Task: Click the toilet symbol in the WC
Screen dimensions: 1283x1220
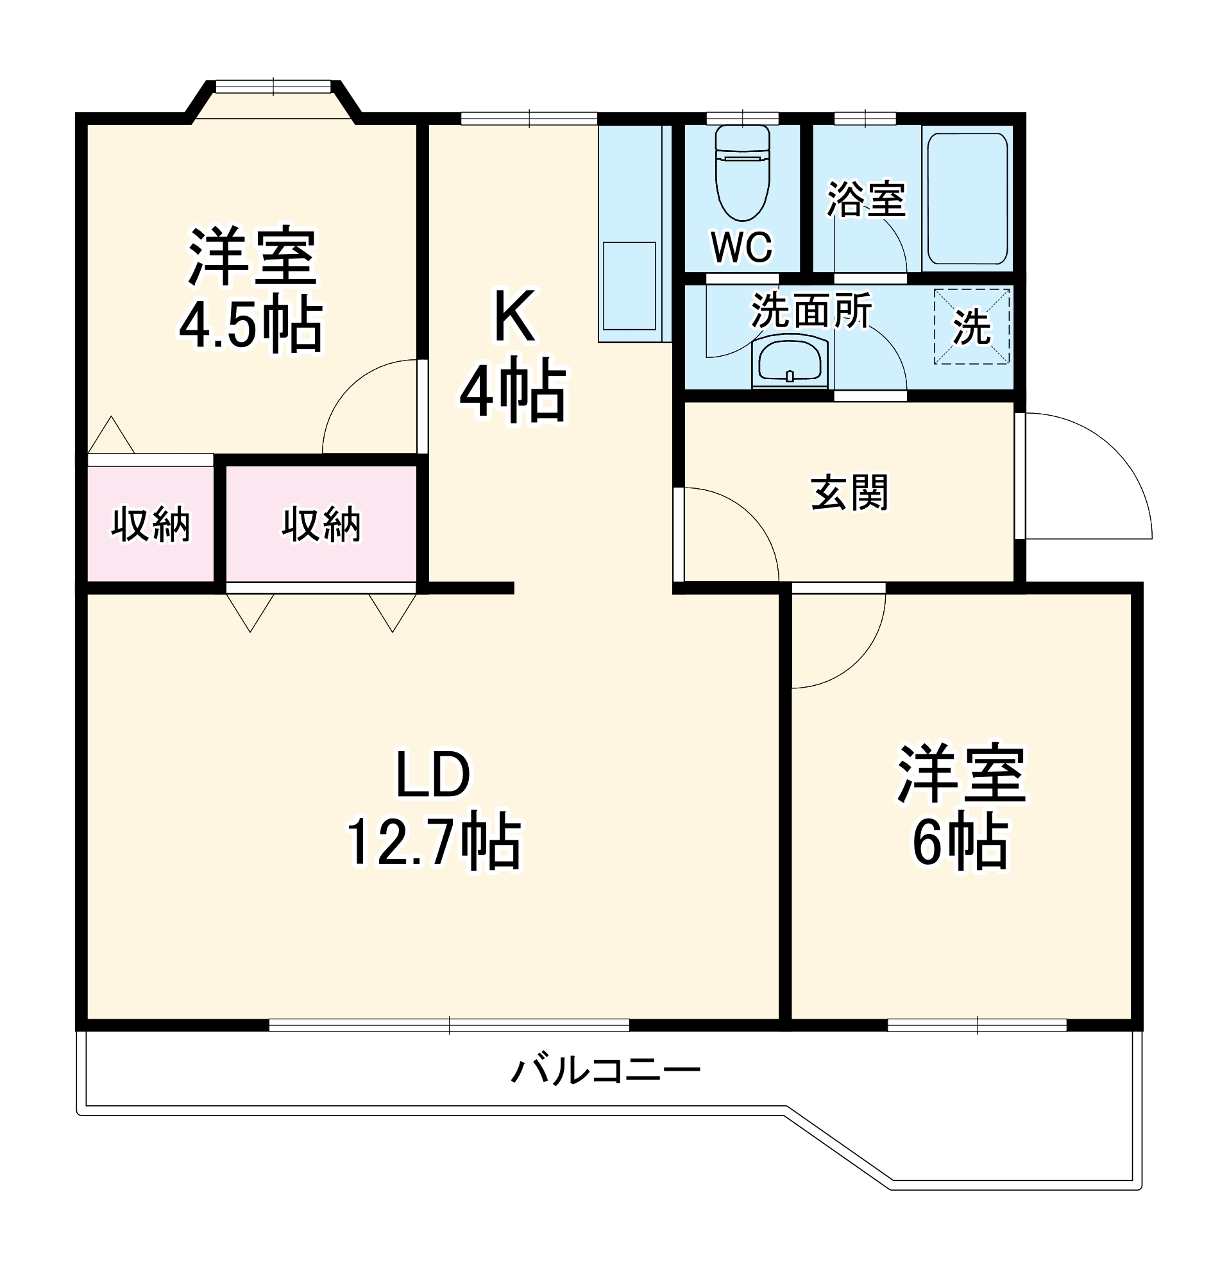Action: [742, 174]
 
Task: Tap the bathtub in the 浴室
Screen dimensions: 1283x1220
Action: [967, 199]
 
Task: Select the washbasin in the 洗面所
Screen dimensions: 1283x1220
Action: [790, 362]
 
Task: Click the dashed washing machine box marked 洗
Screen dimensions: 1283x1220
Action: [972, 327]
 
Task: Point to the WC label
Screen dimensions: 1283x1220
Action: [741, 247]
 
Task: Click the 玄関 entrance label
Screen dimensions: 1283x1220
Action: [849, 493]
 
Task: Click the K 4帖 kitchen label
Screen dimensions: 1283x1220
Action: [514, 356]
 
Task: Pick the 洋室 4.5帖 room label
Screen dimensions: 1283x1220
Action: [251, 290]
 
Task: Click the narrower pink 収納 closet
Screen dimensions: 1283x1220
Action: [150, 524]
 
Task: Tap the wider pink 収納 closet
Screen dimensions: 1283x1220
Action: [321, 524]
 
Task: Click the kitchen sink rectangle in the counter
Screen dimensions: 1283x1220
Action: [629, 285]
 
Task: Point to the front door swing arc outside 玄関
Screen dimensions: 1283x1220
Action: [1106, 468]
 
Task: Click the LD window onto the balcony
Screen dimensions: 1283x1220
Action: [449, 1025]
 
